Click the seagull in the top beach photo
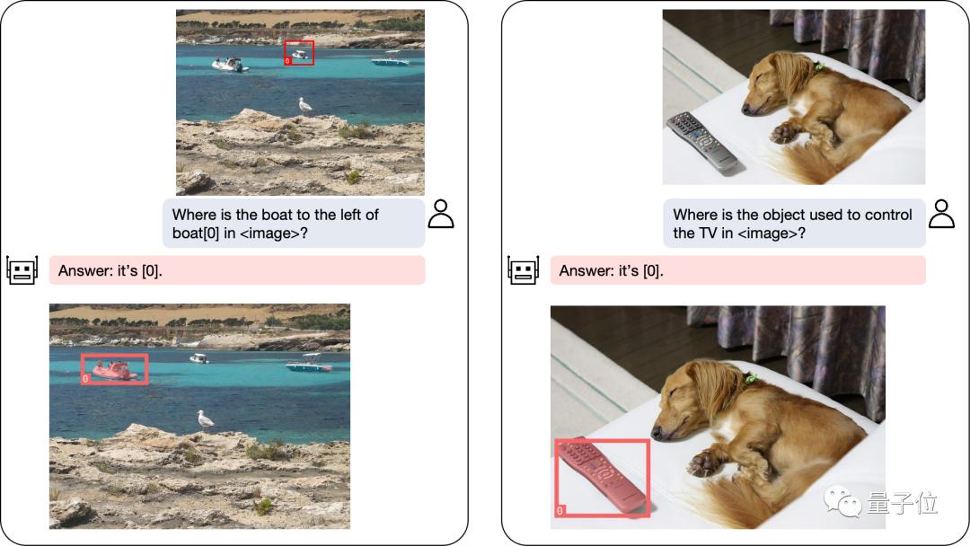304,105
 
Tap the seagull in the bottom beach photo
205,420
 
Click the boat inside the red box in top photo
300,55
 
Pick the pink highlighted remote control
600,476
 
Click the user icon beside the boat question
441,214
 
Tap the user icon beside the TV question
941,214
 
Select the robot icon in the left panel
22,270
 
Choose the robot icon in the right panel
524,270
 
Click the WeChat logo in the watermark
842,501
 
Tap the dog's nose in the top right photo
746,110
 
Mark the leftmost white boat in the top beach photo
230,65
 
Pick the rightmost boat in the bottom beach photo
309,364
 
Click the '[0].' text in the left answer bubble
152,271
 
